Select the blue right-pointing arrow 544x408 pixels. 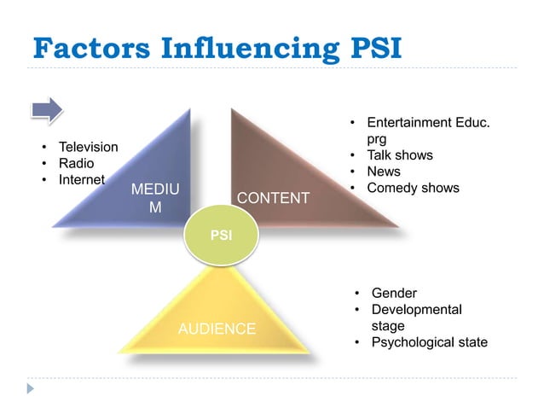pyautogui.click(x=48, y=109)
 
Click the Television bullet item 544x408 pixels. pyautogui.click(x=87, y=147)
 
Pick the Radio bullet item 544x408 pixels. pyautogui.click(x=76, y=163)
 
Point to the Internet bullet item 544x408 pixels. pyautogui.click(x=81, y=179)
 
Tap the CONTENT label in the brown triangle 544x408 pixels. pyautogui.click(x=273, y=198)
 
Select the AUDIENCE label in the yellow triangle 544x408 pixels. pyautogui.click(x=217, y=329)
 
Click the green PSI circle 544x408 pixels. pyautogui.click(x=222, y=232)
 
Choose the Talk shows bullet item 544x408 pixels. pyautogui.click(x=399, y=155)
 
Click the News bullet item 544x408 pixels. pyautogui.click(x=383, y=172)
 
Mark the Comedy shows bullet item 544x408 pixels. pyautogui.click(x=413, y=188)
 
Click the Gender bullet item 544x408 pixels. pyautogui.click(x=394, y=294)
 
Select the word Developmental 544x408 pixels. pyautogui.click(x=416, y=310)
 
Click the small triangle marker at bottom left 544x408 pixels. pyautogui.click(x=31, y=388)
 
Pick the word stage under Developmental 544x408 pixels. pyautogui.click(x=388, y=326)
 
